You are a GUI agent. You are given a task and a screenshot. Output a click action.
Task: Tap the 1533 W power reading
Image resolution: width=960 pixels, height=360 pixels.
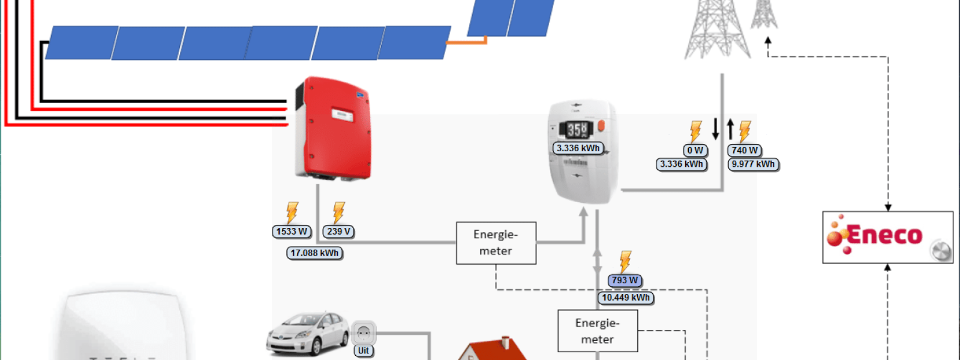(x=292, y=232)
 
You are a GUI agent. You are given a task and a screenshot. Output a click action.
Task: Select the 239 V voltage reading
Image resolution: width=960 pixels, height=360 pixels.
(x=338, y=232)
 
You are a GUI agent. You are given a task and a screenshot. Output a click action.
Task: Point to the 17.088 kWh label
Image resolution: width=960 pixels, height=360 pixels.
(x=314, y=253)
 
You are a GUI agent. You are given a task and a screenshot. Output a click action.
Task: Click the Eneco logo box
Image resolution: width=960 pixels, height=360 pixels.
(x=887, y=237)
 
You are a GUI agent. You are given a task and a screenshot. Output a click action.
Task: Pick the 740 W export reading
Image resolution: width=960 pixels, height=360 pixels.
(x=745, y=151)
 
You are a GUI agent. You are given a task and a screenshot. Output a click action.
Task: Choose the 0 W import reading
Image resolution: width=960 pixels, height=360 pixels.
(x=695, y=151)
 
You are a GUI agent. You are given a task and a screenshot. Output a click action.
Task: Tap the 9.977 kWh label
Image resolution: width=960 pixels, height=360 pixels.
(x=753, y=164)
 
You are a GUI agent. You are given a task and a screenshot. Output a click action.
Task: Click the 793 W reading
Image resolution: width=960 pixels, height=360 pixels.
(x=625, y=280)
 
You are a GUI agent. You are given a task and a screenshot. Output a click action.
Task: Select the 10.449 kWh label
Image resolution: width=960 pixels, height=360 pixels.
(x=626, y=298)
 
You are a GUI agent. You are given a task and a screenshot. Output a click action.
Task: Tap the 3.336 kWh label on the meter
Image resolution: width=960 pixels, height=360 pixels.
(x=578, y=148)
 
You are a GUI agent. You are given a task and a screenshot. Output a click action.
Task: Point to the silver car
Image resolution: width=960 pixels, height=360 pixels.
(x=307, y=333)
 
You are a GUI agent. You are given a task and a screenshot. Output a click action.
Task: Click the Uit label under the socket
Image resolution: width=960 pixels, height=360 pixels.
(x=364, y=351)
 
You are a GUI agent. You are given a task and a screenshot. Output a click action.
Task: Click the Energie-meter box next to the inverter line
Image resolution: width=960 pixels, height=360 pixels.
(x=496, y=243)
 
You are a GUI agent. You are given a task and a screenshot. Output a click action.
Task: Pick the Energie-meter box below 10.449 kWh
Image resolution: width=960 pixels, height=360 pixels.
(x=597, y=331)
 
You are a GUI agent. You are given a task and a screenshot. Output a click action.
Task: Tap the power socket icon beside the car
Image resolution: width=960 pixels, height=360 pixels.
(x=364, y=332)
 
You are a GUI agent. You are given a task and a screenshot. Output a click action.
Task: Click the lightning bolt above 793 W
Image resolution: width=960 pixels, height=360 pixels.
(x=625, y=262)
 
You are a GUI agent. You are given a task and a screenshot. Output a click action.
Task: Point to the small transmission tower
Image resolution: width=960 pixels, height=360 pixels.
(x=764, y=14)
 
